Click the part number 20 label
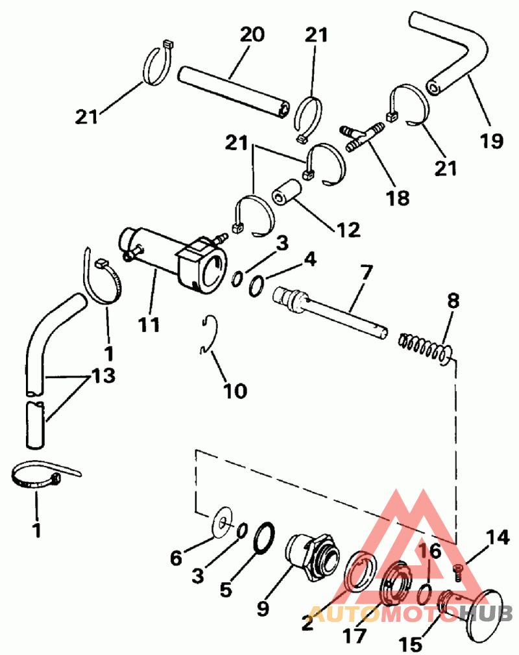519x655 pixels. [252, 33]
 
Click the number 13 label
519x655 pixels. [104, 376]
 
